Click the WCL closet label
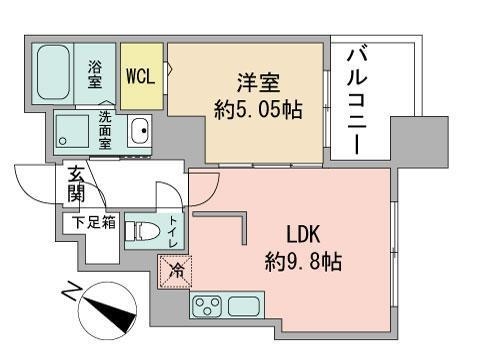point(140,76)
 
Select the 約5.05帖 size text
point(256,110)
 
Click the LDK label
point(304,237)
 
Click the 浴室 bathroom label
point(95,75)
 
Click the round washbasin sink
point(138,131)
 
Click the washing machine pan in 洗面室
point(73,130)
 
